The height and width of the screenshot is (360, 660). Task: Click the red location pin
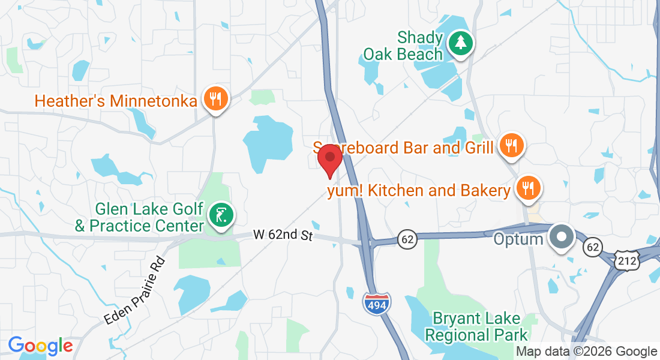coord(329,158)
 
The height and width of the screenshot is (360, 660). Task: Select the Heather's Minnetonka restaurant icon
coord(214,99)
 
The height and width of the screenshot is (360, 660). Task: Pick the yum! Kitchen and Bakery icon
coord(528,189)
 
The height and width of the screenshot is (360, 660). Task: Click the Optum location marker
coord(562,236)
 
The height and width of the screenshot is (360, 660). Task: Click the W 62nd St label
coord(283,235)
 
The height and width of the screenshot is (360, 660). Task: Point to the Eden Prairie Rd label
coord(134,292)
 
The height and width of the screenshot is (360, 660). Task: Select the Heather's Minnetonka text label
coord(116,100)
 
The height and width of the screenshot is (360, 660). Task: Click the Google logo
coord(40,346)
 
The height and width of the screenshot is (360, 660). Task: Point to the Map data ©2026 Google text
coord(586,352)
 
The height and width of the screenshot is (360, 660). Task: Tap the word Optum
coord(519,239)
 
